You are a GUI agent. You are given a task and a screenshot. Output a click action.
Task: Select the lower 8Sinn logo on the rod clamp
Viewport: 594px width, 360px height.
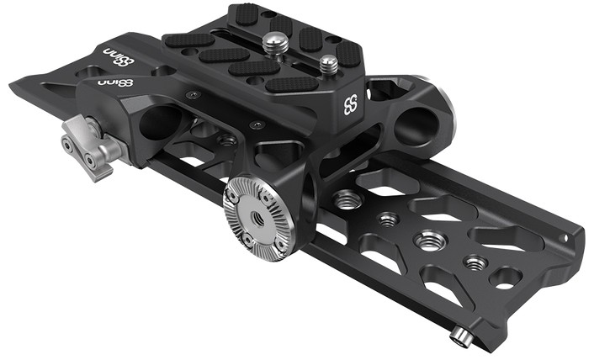(x=116, y=83)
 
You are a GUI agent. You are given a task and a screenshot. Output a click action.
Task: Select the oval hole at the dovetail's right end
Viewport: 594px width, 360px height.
(x=506, y=276)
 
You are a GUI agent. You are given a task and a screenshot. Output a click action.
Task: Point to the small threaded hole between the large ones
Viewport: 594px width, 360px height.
(x=388, y=220)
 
